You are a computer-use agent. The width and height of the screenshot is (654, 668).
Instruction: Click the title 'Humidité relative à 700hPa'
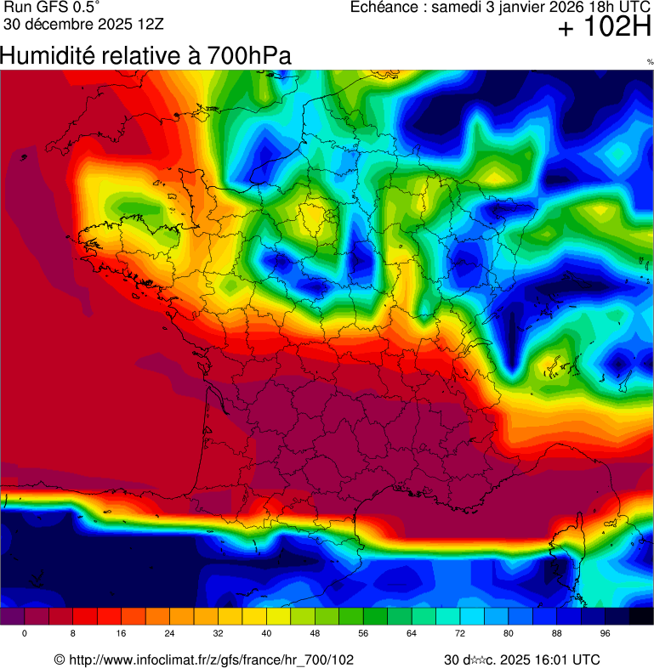[x=145, y=56]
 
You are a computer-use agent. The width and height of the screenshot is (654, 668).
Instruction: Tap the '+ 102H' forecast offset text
[x=604, y=28]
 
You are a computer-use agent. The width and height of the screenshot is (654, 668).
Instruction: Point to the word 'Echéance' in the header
[x=386, y=8]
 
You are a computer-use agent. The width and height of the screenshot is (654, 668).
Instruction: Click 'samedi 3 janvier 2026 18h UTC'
[x=542, y=8]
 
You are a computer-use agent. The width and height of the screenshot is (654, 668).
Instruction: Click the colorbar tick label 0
[x=24, y=633]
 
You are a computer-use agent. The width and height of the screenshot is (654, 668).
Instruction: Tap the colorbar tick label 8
[x=73, y=633]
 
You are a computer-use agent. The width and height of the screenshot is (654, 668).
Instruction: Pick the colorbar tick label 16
[x=122, y=633]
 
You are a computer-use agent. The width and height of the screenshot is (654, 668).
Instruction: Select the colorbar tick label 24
[x=170, y=633]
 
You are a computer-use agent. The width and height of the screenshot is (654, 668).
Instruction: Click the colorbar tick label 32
[x=219, y=633]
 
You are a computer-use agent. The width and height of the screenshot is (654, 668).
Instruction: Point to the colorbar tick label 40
[x=267, y=633]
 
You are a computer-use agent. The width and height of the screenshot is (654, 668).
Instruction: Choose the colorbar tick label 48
[x=316, y=633]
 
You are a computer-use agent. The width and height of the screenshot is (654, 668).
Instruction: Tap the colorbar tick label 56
[x=364, y=633]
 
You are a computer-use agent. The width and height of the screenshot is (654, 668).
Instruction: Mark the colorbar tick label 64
[x=412, y=633]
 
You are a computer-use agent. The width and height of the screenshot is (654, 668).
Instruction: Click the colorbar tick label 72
[x=461, y=633]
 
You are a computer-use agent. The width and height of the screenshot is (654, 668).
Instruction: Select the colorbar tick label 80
[x=509, y=633]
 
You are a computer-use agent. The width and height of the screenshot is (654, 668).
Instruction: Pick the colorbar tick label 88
[x=558, y=633]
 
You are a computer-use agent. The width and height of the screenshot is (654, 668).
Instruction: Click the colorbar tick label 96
[x=606, y=633]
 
